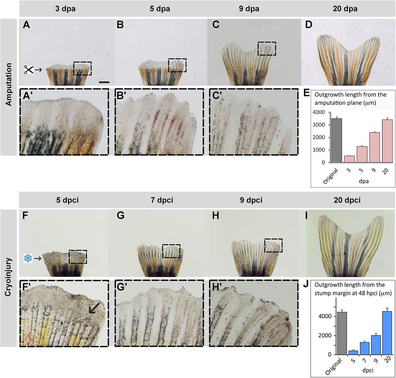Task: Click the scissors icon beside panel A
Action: click(x=29, y=70)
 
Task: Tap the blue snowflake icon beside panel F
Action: click(x=28, y=258)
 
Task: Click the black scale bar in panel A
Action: click(x=104, y=82)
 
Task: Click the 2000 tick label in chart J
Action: click(x=326, y=336)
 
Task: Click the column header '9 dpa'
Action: click(x=249, y=9)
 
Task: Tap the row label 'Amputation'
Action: click(x=9, y=84)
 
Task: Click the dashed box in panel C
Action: click(x=267, y=49)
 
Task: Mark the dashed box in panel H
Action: click(x=273, y=245)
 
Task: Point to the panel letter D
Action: click(x=308, y=25)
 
